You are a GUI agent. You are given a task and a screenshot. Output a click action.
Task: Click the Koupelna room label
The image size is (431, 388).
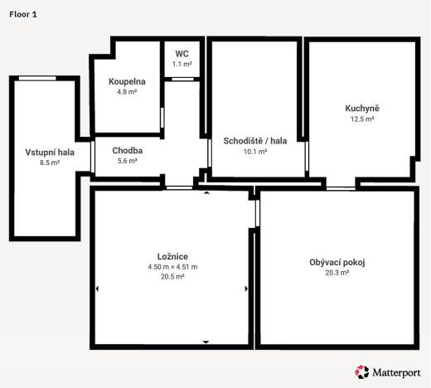(127, 81)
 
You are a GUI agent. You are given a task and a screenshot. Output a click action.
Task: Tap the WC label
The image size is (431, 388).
(182, 53)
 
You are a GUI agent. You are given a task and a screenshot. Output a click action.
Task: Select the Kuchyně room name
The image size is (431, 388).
(362, 109)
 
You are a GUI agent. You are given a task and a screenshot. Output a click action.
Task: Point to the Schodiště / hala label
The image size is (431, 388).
(254, 140)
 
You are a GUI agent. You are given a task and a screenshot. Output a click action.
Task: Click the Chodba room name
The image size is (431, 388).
(127, 150)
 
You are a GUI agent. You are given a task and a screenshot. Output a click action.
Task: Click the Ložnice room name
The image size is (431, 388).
(172, 256)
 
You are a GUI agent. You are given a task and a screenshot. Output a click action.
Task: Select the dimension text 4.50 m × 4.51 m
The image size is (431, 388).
(172, 267)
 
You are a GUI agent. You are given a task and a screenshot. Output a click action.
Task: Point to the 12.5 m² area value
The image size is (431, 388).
(362, 119)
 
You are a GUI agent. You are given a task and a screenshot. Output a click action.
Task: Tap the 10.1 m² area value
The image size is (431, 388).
(254, 151)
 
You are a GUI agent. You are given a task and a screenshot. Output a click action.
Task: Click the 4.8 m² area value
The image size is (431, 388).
(127, 92)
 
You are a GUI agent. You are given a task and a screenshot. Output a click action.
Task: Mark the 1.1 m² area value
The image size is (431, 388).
(182, 64)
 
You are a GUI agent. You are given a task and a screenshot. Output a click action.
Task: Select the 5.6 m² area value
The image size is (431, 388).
(127, 161)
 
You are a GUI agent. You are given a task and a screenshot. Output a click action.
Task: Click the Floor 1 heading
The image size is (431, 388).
(22, 14)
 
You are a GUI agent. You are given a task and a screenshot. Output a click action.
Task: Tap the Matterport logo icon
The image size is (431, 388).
(361, 372)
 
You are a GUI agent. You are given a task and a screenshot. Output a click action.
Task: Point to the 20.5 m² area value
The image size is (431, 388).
(172, 277)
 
